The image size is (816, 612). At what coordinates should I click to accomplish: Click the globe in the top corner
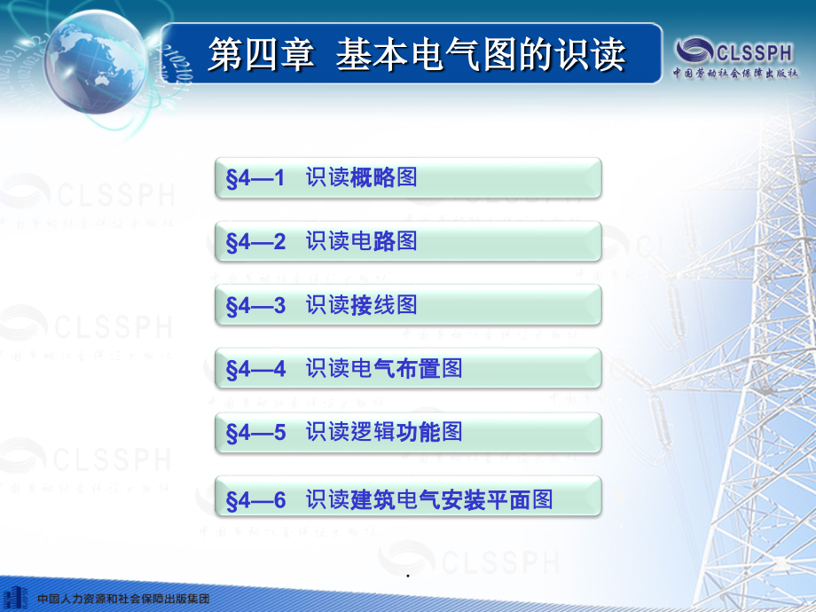pos(97,62)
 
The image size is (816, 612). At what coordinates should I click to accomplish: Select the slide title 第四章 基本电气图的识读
pos(416,54)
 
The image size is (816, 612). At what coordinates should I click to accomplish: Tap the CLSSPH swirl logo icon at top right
pos(694,51)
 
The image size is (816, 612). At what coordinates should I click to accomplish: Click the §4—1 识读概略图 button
pos(408,178)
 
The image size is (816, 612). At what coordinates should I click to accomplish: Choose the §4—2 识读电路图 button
pos(408,241)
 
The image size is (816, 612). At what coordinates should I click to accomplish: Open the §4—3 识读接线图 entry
pos(408,305)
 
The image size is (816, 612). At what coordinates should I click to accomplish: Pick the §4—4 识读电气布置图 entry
pos(408,368)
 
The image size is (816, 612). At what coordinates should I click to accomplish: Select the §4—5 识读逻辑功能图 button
pos(408,433)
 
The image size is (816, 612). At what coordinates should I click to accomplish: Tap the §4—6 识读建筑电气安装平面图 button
pos(408,496)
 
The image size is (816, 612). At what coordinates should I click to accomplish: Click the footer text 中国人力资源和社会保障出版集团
pos(123,599)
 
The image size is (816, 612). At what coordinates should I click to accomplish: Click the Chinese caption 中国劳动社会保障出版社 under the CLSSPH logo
pos(734,73)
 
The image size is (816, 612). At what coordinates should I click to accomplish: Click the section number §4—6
pos(255,500)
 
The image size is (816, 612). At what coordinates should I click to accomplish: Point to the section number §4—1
pos(255,178)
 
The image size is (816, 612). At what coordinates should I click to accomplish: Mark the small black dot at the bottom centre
pos(408,576)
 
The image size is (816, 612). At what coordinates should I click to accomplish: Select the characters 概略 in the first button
pos(373,177)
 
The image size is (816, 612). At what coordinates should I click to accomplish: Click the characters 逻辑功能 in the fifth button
pos(396,432)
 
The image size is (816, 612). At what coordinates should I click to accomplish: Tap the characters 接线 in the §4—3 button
pos(373,304)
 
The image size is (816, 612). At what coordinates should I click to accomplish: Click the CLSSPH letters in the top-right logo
pos(755,52)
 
